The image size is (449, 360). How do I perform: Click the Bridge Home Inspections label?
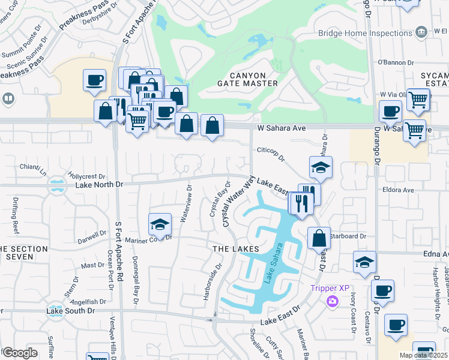(x=364, y=33)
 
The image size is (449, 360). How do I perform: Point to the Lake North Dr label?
(x=99, y=185)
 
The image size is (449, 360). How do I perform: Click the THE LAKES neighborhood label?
(x=235, y=248)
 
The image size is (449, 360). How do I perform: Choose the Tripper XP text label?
(x=330, y=288)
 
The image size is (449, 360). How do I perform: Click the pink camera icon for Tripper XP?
(x=330, y=301)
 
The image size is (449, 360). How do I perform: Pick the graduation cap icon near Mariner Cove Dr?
(x=159, y=224)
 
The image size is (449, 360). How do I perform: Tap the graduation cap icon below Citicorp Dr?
(x=321, y=167)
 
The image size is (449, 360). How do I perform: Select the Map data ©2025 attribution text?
(x=423, y=355)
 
